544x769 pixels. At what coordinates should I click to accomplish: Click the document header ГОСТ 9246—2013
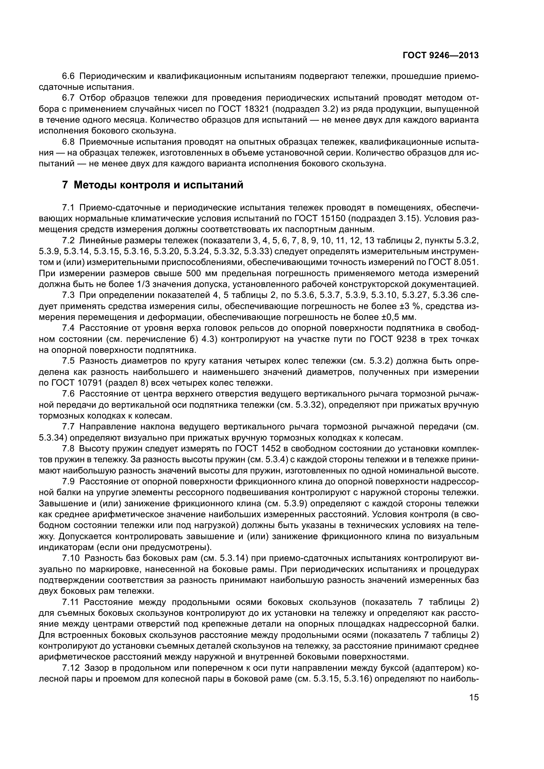point(440,56)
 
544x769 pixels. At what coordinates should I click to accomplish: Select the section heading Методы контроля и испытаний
point(159,184)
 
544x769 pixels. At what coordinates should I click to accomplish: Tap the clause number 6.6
point(69,76)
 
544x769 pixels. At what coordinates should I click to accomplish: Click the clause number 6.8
point(69,142)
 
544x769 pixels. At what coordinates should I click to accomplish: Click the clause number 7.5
point(69,361)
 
